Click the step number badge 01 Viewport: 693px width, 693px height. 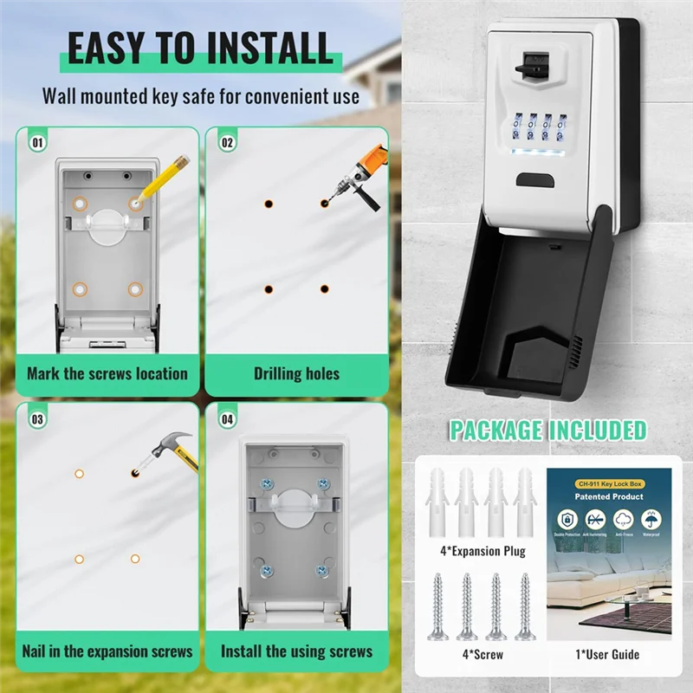tap(37, 140)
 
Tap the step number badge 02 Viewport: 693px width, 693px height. tap(227, 140)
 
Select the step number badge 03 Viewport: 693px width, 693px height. tap(37, 418)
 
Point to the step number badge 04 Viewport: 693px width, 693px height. tap(227, 418)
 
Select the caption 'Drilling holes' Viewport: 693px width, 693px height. tap(296, 374)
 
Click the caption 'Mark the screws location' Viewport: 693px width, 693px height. tap(107, 374)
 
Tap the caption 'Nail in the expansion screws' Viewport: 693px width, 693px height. tap(107, 651)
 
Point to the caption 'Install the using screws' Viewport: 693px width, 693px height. tap(296, 651)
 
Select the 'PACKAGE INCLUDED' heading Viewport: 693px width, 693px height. tap(547, 430)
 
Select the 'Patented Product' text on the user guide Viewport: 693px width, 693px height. tap(609, 496)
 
